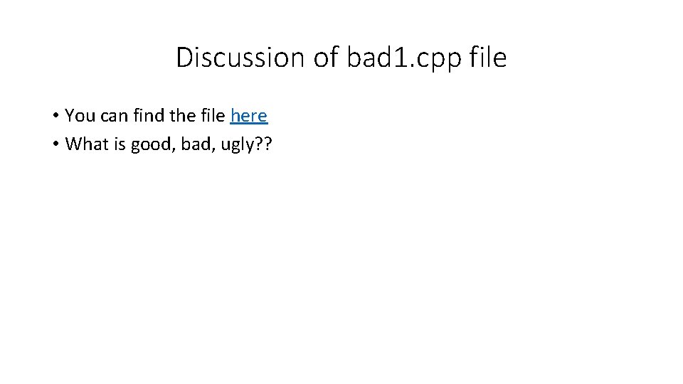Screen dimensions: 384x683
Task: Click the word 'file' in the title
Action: coord(488,58)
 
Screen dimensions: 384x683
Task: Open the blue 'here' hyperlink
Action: coord(249,115)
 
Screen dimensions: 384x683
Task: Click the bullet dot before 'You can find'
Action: coord(55,116)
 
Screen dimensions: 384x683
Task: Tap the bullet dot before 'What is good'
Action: coord(55,144)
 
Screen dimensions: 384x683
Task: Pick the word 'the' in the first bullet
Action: coord(180,115)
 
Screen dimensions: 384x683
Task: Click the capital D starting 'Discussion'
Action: coord(184,58)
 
